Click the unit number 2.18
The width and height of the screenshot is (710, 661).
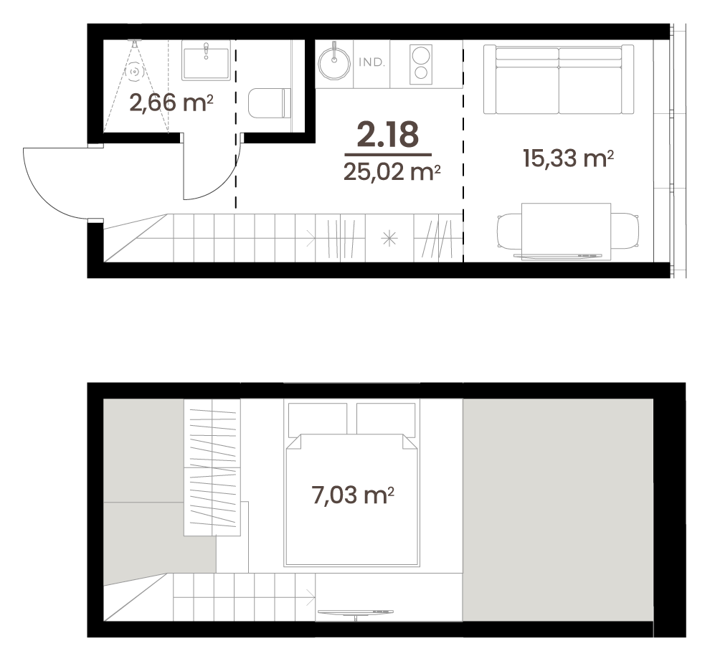point(387,135)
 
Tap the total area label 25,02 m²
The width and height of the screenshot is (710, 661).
point(392,172)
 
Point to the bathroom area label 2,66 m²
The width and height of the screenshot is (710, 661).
point(171,103)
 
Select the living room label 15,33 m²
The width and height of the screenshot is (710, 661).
point(568,158)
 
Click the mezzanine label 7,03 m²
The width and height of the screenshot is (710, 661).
point(353,495)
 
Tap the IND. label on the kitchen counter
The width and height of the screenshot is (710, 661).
point(371,62)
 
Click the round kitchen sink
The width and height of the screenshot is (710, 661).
point(334,63)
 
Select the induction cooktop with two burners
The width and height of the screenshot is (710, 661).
point(421,65)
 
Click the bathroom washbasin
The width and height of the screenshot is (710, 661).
point(206,60)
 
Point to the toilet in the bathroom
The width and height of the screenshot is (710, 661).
point(270,103)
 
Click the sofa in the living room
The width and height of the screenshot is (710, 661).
point(558,80)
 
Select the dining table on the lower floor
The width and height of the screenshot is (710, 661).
point(566,232)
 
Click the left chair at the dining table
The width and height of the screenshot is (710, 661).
point(509,231)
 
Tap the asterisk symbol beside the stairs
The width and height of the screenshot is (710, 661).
point(389,238)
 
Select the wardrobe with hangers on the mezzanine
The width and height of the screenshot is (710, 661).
point(212,467)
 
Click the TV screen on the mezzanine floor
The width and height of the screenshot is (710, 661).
point(356,612)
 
